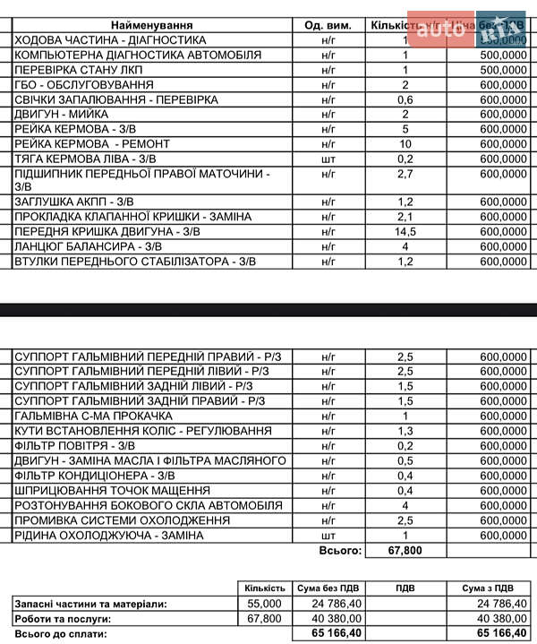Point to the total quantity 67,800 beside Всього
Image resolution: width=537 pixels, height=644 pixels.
click(x=405, y=550)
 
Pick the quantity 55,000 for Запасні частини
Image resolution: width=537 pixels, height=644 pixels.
click(x=264, y=605)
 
